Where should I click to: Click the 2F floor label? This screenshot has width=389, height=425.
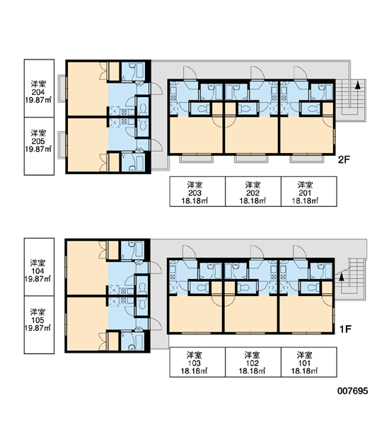tap(344, 159)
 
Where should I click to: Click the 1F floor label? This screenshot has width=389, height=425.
tap(345, 329)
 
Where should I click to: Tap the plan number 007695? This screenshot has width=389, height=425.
tap(353, 390)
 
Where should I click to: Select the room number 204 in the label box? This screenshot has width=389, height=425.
tap(38, 92)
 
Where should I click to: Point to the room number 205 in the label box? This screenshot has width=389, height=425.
tap(38, 141)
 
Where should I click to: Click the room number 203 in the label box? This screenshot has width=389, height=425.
tap(194, 193)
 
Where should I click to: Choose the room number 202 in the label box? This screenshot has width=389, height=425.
tap(252, 193)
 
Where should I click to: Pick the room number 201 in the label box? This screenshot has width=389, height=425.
tap(305, 193)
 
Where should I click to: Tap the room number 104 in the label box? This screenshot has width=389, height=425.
tap(37, 271)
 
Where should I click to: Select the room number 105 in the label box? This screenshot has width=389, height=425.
tap(37, 320)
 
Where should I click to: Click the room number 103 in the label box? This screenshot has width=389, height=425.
tap(194, 363)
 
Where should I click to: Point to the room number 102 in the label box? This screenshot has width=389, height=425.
tap(252, 363)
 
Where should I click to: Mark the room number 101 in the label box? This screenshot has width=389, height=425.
tap(304, 363)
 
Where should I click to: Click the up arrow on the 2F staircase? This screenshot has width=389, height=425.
tap(358, 85)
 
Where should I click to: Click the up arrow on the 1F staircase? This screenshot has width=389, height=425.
tap(342, 276)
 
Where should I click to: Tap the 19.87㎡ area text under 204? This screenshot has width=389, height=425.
tap(38, 100)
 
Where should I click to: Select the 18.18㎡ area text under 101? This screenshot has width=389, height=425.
tap(304, 370)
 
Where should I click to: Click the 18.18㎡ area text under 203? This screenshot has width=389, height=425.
tap(194, 201)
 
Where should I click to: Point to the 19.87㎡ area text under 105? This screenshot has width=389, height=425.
tap(37, 328)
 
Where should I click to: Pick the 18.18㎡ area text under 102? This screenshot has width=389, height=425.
tap(252, 370)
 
